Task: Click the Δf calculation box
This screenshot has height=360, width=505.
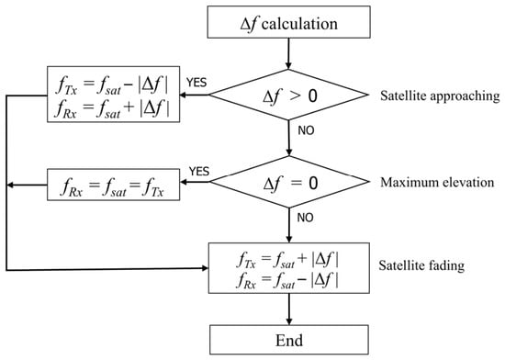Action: click(x=288, y=22)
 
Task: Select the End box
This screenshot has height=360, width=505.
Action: click(x=289, y=340)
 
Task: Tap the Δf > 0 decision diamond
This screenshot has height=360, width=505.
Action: click(x=288, y=95)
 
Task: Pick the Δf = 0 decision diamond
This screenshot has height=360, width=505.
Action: click(x=289, y=182)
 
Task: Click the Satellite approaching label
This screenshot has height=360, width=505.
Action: click(x=440, y=96)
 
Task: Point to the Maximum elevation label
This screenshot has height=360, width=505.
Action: click(x=437, y=182)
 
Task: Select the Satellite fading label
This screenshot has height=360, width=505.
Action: click(x=421, y=265)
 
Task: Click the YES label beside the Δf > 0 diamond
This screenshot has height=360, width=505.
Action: click(x=196, y=83)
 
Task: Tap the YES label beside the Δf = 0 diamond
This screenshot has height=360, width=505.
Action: click(x=199, y=172)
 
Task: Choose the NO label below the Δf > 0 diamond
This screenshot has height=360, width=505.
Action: click(x=306, y=130)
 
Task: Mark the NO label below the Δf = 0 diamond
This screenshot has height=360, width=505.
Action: click(x=306, y=218)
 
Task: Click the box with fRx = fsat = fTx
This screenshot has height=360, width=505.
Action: click(x=113, y=185)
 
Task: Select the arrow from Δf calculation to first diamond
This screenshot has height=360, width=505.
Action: click(x=288, y=54)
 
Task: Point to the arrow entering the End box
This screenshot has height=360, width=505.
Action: click(x=289, y=309)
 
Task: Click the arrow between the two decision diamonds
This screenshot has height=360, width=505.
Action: click(x=289, y=138)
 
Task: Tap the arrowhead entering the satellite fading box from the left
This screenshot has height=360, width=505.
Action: click(x=205, y=268)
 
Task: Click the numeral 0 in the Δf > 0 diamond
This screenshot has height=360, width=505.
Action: click(x=312, y=96)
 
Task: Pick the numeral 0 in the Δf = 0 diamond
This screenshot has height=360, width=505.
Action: click(x=313, y=183)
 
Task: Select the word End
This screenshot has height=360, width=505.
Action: click(x=289, y=341)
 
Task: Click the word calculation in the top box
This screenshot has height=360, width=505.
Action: click(x=299, y=24)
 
